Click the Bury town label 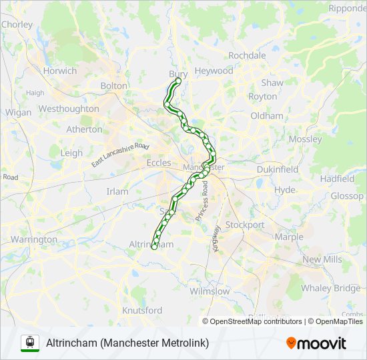[178, 73]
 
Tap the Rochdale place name [247, 55]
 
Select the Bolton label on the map [113, 86]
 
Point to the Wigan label [18, 113]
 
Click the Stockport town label [244, 225]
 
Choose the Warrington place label [33, 239]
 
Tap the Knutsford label [142, 311]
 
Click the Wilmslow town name [209, 291]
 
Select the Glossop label [347, 196]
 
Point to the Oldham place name [267, 116]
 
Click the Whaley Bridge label [330, 288]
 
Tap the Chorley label [17, 25]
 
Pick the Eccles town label [159, 163]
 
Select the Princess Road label [202, 199]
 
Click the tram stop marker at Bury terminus [178, 81]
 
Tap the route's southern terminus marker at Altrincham [154, 247]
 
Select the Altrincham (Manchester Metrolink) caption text [127, 343]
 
